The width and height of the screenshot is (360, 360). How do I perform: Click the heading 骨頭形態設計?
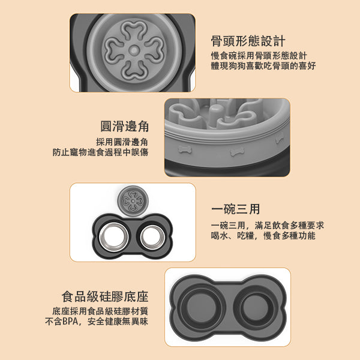(248, 41)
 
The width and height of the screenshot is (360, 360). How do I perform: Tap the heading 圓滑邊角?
(124, 127)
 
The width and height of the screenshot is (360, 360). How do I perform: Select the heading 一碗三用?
(236, 209)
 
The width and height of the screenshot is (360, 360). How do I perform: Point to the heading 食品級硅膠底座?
(105, 296)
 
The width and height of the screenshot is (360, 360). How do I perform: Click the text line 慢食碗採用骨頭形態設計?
(259, 55)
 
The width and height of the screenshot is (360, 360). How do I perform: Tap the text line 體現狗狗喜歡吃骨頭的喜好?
(263, 65)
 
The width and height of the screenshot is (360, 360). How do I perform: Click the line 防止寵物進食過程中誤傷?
(100, 152)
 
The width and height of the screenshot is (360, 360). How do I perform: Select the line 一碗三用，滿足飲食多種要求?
(268, 226)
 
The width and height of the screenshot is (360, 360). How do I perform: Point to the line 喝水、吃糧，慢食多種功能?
(263, 236)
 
